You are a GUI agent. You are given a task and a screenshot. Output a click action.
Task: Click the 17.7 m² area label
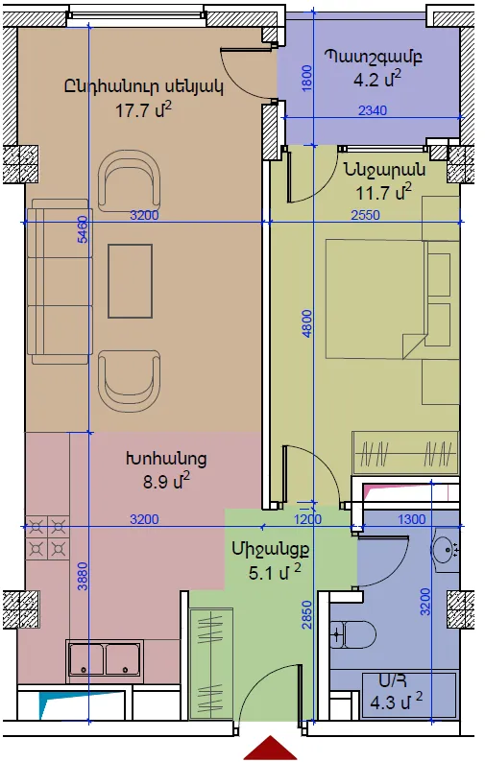(x=143, y=110)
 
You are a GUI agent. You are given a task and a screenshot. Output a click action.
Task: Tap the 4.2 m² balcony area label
(x=377, y=79)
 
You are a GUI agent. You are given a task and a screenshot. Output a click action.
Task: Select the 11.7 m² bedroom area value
(x=383, y=192)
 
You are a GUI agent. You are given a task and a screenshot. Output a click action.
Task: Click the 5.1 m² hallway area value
(x=275, y=572)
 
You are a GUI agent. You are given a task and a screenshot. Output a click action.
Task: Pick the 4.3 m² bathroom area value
(x=396, y=702)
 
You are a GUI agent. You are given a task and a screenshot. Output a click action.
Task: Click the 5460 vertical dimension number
(x=84, y=229)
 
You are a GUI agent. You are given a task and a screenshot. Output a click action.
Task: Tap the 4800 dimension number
(x=306, y=323)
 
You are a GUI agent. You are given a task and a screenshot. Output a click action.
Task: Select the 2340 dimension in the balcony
(x=373, y=110)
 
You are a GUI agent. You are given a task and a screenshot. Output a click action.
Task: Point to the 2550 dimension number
(x=365, y=215)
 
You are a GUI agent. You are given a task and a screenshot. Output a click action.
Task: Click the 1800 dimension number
(x=306, y=79)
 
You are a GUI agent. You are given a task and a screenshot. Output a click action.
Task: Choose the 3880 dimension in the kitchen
(x=84, y=577)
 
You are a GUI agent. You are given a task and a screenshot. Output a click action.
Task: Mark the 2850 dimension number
(x=306, y=615)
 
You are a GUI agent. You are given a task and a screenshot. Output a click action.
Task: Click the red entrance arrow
(x=270, y=748)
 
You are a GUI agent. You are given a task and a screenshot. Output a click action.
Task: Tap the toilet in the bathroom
(x=352, y=634)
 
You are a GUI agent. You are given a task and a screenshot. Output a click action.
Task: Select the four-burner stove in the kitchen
(x=47, y=538)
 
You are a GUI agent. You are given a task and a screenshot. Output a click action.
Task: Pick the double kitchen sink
(x=105, y=659)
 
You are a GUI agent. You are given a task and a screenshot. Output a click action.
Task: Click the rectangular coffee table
(x=130, y=281)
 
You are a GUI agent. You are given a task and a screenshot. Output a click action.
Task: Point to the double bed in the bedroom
(x=377, y=298)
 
